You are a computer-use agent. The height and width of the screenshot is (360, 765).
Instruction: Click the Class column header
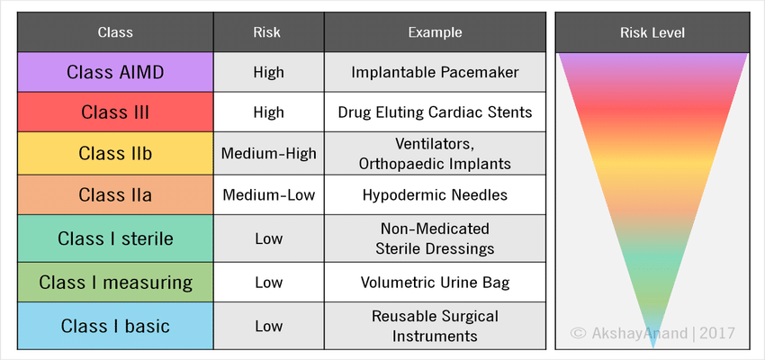[x=115, y=32]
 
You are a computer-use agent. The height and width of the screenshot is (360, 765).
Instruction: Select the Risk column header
[x=268, y=32]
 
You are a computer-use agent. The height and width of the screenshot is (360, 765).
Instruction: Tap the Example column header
[x=435, y=32]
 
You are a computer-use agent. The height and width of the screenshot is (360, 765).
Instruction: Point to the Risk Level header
[x=652, y=32]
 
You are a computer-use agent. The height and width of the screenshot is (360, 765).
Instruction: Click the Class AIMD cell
[x=115, y=72]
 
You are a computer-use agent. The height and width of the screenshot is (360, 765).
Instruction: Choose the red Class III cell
[x=115, y=112]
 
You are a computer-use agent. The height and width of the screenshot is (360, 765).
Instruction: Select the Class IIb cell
[x=115, y=154]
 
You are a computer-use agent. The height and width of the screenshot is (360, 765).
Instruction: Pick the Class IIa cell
[x=115, y=194]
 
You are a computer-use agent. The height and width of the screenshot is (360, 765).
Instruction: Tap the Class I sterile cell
[x=115, y=239]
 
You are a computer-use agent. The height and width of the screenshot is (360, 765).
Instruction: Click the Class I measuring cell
[x=115, y=283]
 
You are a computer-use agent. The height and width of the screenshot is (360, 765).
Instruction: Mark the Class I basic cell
[x=115, y=327]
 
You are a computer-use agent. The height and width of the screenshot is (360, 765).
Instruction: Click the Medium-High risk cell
[x=268, y=154]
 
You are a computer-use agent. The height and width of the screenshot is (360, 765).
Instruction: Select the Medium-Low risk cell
[x=268, y=194]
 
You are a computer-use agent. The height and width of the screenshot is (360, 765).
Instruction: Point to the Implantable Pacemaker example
[x=435, y=72]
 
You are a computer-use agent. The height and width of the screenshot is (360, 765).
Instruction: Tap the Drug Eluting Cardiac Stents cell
[x=435, y=112]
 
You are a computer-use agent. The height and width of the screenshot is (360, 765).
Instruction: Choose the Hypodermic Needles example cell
[x=435, y=194]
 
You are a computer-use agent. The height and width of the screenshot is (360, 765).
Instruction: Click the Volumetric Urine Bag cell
[x=435, y=283]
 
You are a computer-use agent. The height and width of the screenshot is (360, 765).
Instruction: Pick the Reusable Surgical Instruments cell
[x=435, y=327]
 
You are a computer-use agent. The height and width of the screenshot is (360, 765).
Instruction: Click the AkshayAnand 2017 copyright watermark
[x=653, y=334]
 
